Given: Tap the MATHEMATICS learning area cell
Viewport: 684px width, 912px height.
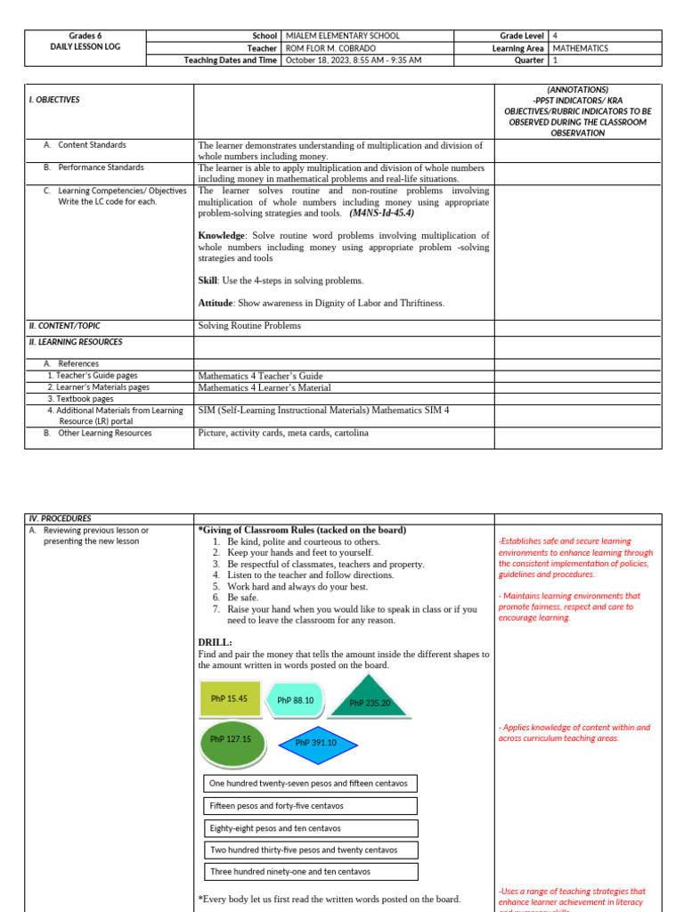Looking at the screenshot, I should click(581, 48).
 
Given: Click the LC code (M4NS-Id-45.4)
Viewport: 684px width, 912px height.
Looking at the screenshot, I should click(381, 214).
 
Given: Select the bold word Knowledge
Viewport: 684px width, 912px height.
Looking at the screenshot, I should click(221, 236).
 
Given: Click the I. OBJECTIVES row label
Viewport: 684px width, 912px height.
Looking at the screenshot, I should click(55, 100).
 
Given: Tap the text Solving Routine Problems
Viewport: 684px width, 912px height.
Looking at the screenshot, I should click(249, 326).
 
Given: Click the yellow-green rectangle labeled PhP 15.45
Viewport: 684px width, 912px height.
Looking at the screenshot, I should click(230, 698).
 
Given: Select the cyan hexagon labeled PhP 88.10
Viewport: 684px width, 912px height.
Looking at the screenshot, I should click(296, 700).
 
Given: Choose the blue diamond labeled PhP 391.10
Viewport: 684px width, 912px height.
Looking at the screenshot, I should click(315, 743).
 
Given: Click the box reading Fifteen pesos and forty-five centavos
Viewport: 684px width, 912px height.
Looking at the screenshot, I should click(310, 806).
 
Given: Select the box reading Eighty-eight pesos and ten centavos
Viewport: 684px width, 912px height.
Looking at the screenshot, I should click(310, 828).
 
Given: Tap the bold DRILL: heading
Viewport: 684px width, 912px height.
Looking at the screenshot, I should click(215, 642).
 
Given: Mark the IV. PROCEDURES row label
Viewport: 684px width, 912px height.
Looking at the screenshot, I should click(61, 518).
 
